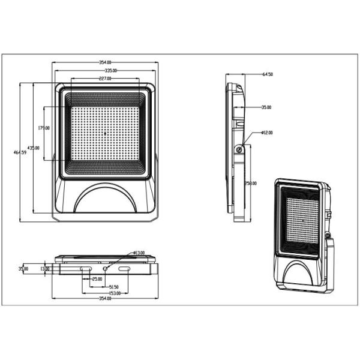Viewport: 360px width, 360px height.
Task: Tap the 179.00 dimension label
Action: tap(43, 128)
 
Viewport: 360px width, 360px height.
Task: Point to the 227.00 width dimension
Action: tap(106, 79)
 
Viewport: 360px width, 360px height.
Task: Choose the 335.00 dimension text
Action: tap(106, 71)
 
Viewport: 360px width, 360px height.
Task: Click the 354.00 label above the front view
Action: tap(106, 62)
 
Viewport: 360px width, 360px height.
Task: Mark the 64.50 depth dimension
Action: tap(268, 74)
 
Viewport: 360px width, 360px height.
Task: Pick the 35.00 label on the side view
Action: tap(266, 107)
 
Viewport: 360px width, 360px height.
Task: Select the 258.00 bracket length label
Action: tap(253, 184)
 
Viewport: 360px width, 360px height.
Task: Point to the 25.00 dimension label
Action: tap(95, 279)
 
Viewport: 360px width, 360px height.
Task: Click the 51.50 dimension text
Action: tap(112, 287)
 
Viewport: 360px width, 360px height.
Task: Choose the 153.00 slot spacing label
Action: tap(114, 293)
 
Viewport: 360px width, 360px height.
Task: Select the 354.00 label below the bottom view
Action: tap(105, 299)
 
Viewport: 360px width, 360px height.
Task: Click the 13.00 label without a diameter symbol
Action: tap(44, 269)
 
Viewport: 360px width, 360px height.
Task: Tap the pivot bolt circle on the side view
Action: tap(239, 149)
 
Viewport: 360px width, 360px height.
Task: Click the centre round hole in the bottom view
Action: tap(106, 270)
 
